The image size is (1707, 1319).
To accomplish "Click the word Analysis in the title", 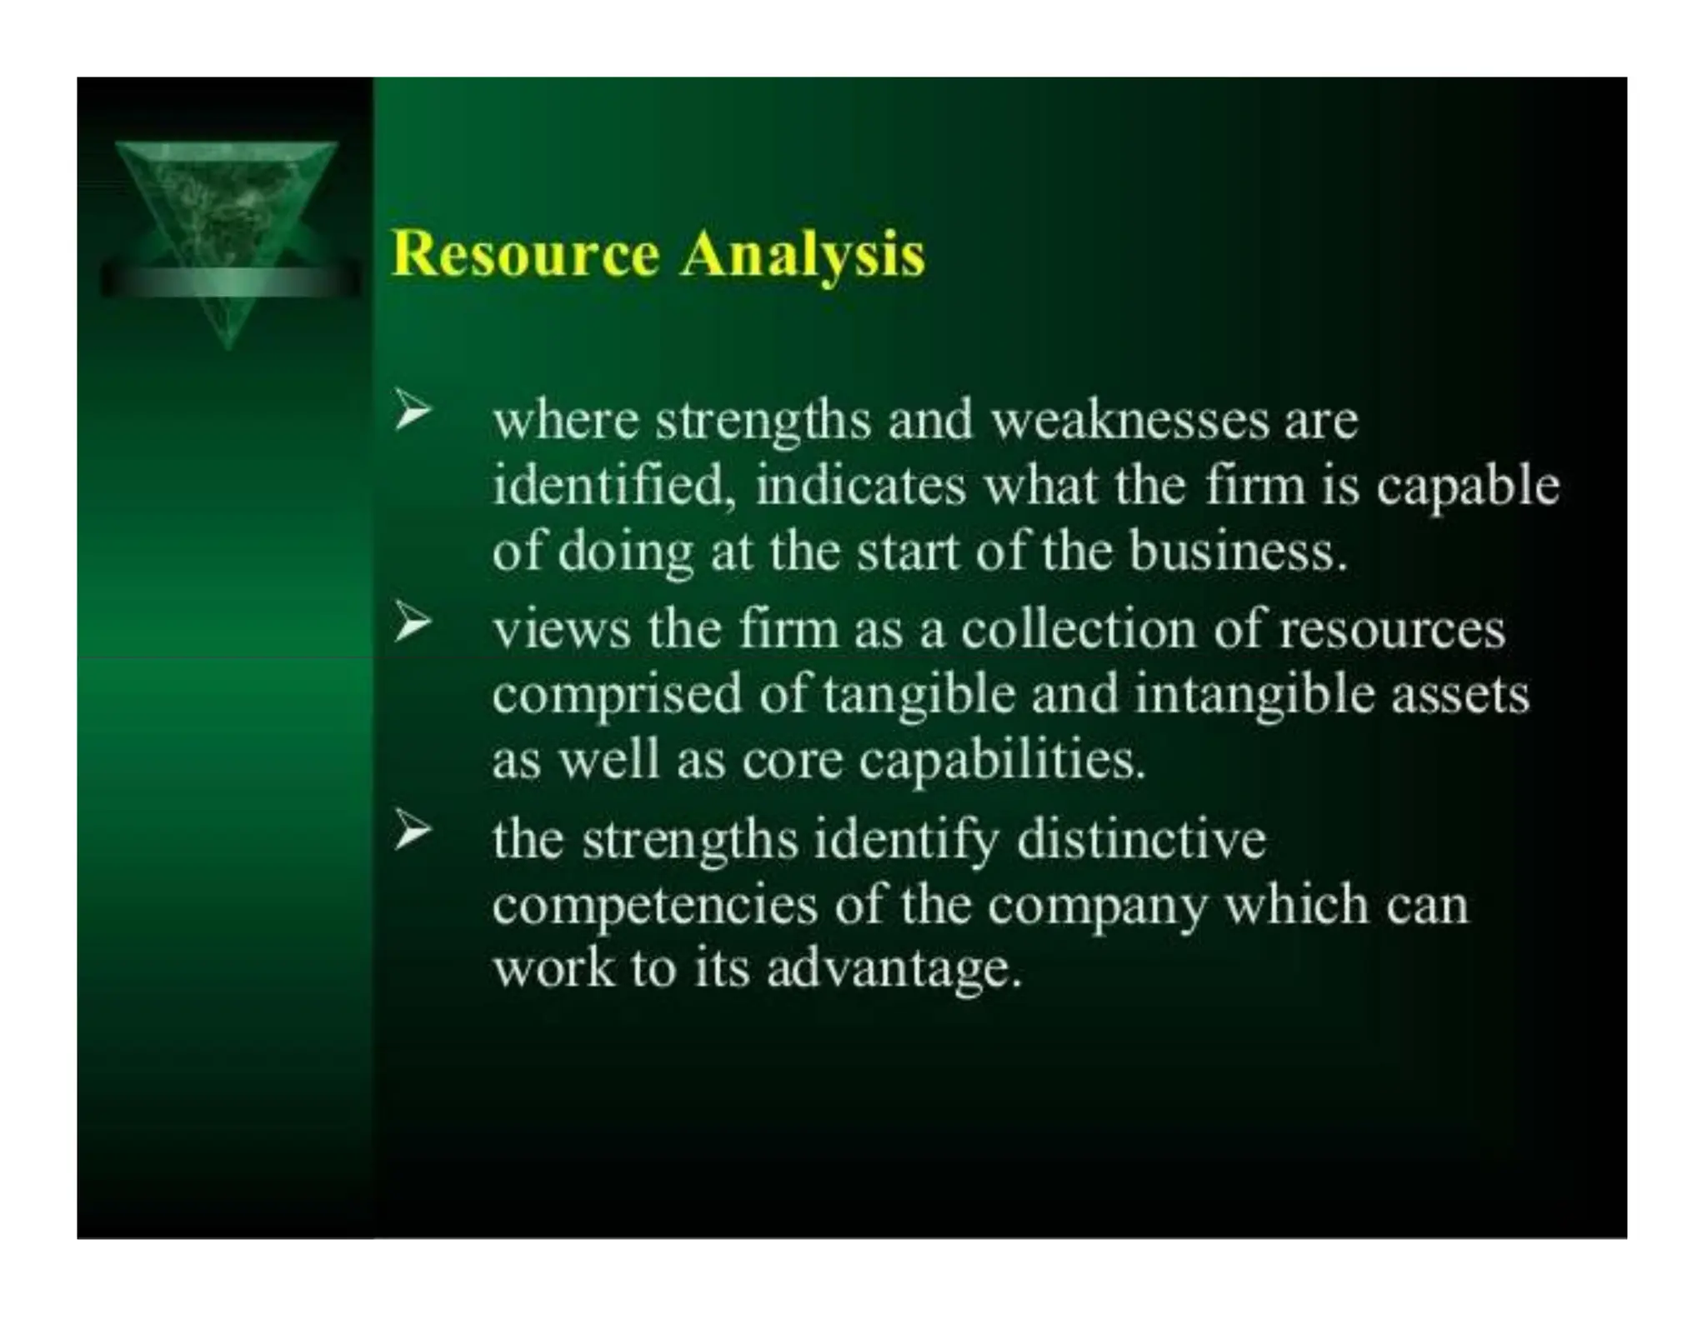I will tap(801, 255).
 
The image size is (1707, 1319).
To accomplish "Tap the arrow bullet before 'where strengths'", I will tap(413, 411).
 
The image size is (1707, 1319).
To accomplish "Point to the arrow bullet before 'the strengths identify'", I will tap(413, 831).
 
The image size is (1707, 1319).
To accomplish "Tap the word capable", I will tap(1467, 487).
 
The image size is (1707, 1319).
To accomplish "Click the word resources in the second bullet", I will tap(1392, 630).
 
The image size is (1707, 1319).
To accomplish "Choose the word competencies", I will tap(654, 906).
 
